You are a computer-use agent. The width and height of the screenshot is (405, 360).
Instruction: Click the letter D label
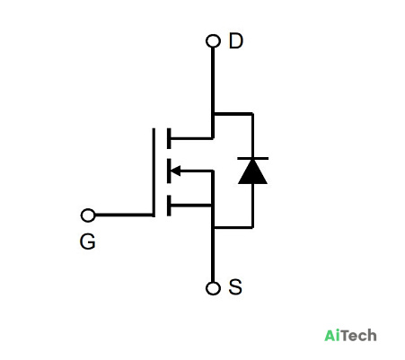[236, 41]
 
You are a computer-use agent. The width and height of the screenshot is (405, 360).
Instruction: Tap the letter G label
[88, 241]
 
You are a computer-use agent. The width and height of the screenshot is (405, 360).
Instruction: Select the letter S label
[235, 287]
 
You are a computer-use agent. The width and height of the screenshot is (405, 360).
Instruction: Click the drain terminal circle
[213, 41]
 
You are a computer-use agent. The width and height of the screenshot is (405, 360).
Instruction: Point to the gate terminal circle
[88, 215]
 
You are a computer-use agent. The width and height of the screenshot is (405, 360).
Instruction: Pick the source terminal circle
[213, 288]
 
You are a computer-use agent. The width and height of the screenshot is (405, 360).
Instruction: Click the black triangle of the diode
[252, 171]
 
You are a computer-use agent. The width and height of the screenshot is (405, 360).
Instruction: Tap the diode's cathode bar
[252, 158]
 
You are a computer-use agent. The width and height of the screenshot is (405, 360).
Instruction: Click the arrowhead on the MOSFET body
[175, 171]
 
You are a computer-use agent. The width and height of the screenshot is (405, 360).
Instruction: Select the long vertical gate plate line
[154, 172]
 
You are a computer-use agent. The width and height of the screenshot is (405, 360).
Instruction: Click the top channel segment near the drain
[169, 138]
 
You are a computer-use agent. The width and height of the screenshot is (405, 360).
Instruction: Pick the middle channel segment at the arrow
[169, 171]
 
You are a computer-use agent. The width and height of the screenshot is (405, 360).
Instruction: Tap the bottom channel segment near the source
[169, 206]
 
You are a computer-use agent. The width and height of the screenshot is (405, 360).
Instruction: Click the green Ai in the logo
[332, 336]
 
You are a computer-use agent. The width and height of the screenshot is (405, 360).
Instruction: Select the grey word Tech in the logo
[358, 336]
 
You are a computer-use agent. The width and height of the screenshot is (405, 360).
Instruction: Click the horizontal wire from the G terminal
[124, 215]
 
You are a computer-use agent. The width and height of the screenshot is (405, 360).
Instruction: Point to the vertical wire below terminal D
[213, 92]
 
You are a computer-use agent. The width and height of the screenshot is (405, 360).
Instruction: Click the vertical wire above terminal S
[213, 243]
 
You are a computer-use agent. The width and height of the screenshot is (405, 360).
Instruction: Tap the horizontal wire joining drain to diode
[233, 114]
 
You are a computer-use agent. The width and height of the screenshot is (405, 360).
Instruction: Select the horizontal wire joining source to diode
[233, 228]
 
